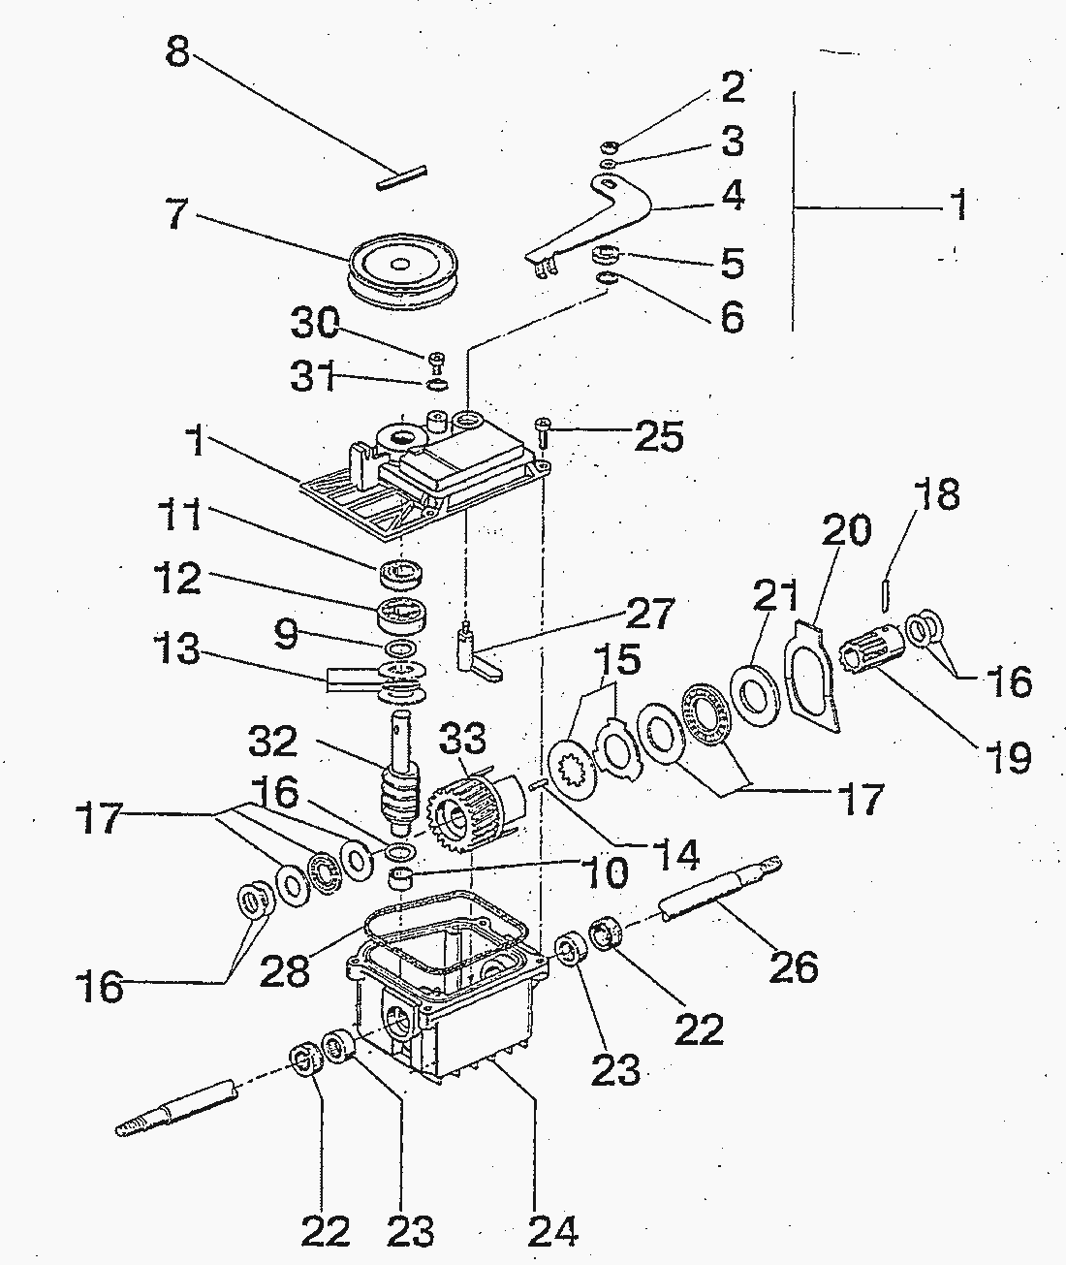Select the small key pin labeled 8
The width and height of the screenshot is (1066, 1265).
coord(401,178)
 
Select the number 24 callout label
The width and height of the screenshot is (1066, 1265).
coord(553,1230)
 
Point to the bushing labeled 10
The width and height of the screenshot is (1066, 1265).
coord(401,880)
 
